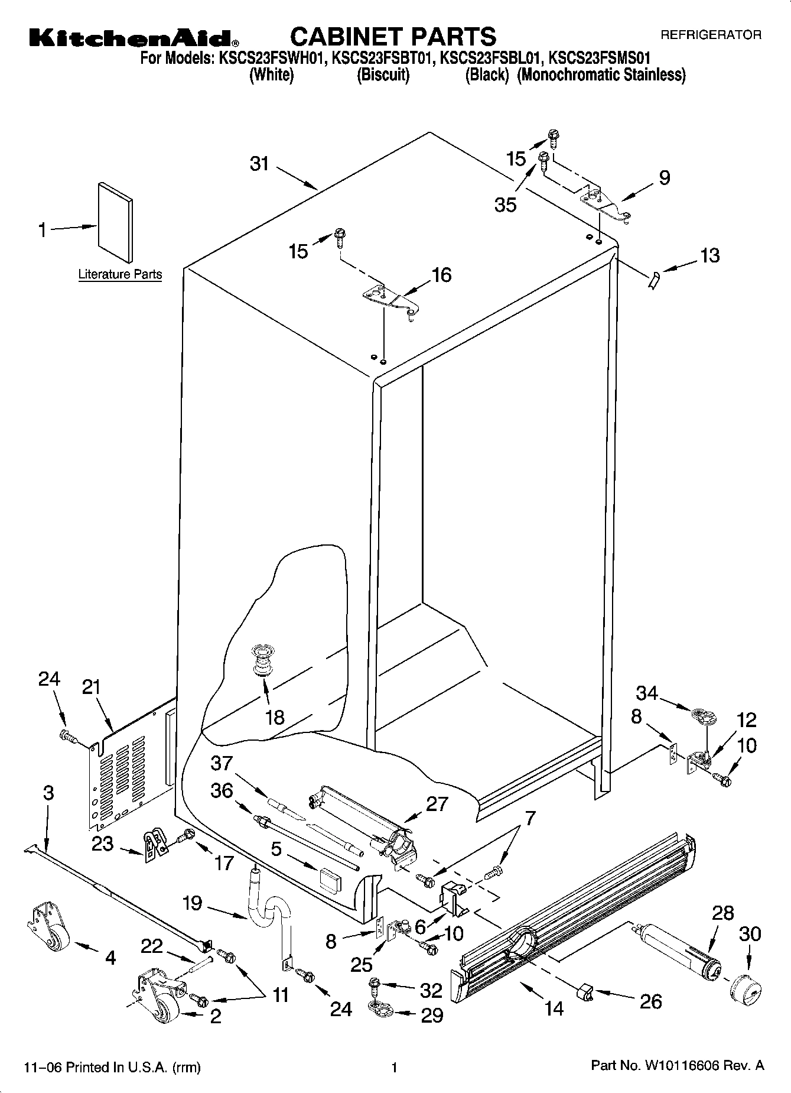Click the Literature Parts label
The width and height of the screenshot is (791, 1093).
(x=120, y=274)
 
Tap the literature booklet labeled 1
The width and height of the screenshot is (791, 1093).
(x=115, y=221)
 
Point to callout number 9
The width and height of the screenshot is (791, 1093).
(x=664, y=177)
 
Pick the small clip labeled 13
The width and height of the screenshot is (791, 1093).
(x=653, y=281)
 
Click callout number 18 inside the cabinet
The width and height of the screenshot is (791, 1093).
(x=275, y=717)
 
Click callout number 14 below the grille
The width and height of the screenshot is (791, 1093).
(x=554, y=1008)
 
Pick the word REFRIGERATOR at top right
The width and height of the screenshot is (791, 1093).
(x=711, y=35)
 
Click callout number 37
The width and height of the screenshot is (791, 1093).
(x=222, y=763)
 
